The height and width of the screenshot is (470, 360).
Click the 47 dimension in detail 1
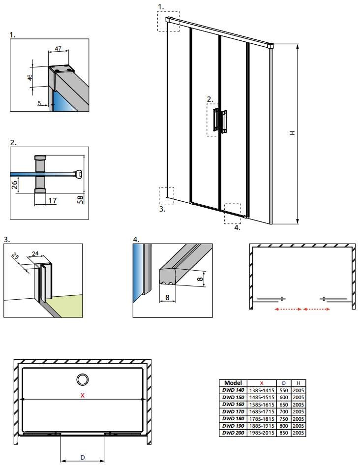click(x=59, y=48)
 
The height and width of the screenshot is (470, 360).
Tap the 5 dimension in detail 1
click(x=39, y=103)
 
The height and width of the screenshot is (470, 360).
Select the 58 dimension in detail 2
click(x=80, y=199)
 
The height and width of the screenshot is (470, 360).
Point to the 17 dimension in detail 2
click(x=53, y=200)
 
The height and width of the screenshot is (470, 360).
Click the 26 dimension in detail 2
click(x=14, y=184)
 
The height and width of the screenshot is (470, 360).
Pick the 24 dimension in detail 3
click(x=35, y=253)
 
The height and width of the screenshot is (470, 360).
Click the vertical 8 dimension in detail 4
click(x=200, y=279)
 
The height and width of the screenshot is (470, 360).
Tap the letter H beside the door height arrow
click(x=293, y=132)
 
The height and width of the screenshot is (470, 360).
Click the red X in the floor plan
click(x=82, y=395)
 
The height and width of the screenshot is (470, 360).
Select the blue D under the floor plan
click(x=83, y=457)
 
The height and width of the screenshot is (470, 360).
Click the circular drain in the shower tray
click(x=82, y=379)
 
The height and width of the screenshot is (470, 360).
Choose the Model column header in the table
click(x=233, y=383)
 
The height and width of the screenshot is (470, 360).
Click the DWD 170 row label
click(x=233, y=411)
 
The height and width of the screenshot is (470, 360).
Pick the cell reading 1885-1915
click(x=262, y=426)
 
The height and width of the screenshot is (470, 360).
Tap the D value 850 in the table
click(x=284, y=433)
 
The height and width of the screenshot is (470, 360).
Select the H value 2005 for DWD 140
click(x=299, y=390)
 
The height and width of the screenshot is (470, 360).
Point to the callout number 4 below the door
click(x=237, y=227)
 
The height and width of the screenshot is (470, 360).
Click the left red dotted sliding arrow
click(x=288, y=309)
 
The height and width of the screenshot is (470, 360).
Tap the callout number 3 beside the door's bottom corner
click(x=162, y=209)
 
